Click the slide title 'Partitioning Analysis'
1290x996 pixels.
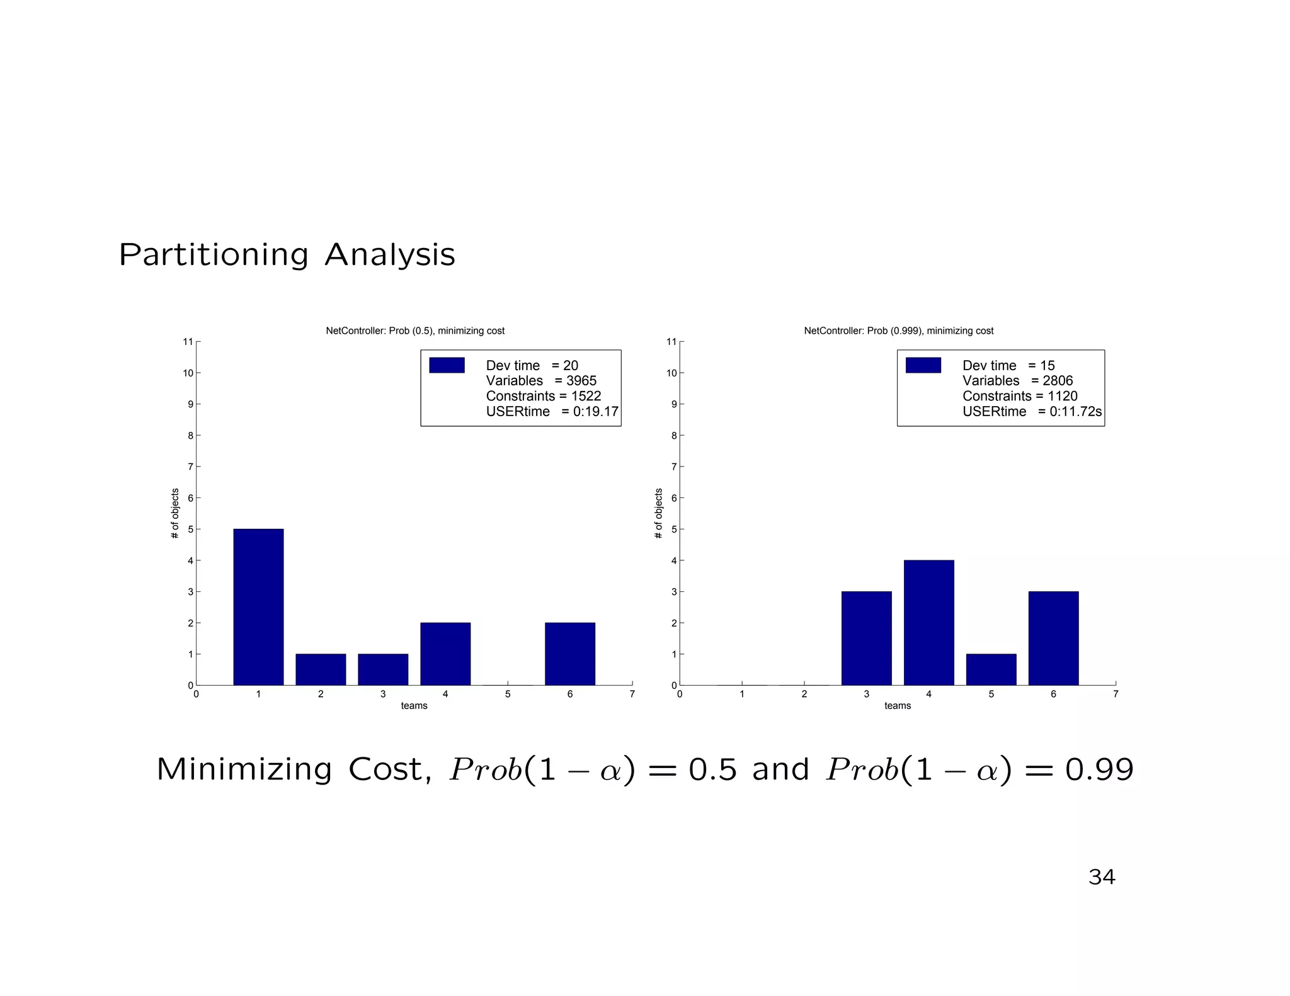click(287, 255)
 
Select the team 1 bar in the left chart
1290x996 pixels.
click(258, 607)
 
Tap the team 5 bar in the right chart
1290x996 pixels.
click(991, 669)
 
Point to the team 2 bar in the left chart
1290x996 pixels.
click(321, 669)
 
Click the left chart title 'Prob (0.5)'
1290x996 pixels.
click(415, 331)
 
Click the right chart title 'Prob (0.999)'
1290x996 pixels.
click(898, 331)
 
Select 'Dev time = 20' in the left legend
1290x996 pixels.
click(532, 365)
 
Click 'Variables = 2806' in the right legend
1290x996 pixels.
click(1017, 380)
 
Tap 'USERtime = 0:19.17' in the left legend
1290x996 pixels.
click(552, 411)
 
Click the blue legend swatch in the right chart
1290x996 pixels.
click(923, 365)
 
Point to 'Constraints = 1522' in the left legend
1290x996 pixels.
click(543, 396)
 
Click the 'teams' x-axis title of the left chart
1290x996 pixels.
click(414, 706)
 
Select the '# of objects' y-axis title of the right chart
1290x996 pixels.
click(659, 513)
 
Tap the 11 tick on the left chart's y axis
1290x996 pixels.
click(188, 342)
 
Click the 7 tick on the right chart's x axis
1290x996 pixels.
click(1116, 694)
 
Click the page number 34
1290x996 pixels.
click(1101, 877)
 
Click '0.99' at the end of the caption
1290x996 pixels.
click(1099, 769)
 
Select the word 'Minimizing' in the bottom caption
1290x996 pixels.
click(244, 769)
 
